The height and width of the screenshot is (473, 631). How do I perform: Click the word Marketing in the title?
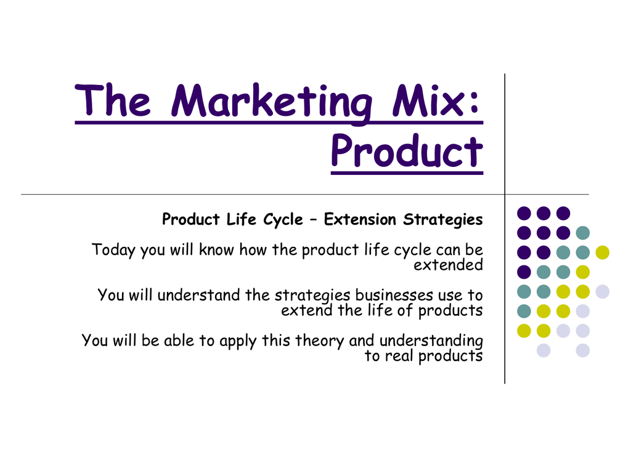pyautogui.click(x=272, y=103)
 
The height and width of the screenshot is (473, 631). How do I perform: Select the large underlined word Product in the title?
pyautogui.click(x=407, y=151)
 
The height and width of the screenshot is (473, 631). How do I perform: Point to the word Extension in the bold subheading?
pyautogui.click(x=360, y=219)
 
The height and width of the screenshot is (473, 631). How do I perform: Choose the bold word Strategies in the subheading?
pyautogui.click(x=442, y=220)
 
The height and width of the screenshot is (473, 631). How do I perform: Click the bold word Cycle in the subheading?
pyautogui.click(x=283, y=220)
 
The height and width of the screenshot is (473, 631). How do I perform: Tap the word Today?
pyautogui.click(x=113, y=250)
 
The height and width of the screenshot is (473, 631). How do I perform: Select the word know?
pyautogui.click(x=216, y=250)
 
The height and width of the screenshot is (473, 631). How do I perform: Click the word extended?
pyautogui.click(x=449, y=265)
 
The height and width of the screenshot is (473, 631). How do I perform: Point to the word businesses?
pyautogui.click(x=394, y=295)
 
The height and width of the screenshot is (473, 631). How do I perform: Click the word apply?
pyautogui.click(x=237, y=341)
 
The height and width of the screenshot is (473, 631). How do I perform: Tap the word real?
pyautogui.click(x=399, y=355)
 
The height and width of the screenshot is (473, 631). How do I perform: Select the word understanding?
pyautogui.click(x=431, y=341)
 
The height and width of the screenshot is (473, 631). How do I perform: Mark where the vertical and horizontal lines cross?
pyautogui.click(x=505, y=194)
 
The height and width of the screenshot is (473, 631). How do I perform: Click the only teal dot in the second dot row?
pyautogui.click(x=583, y=232)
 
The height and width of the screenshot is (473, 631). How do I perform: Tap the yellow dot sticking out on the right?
pyautogui.click(x=603, y=252)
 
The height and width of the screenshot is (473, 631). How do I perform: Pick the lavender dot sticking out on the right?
pyautogui.click(x=603, y=291)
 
